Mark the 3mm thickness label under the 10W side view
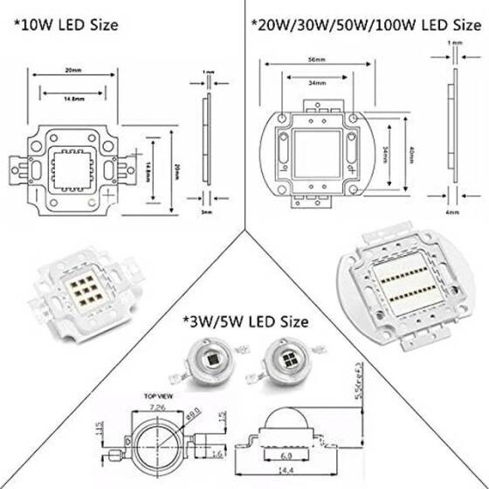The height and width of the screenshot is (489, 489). click(x=206, y=210)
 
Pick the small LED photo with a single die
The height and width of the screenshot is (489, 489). click(x=209, y=360)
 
